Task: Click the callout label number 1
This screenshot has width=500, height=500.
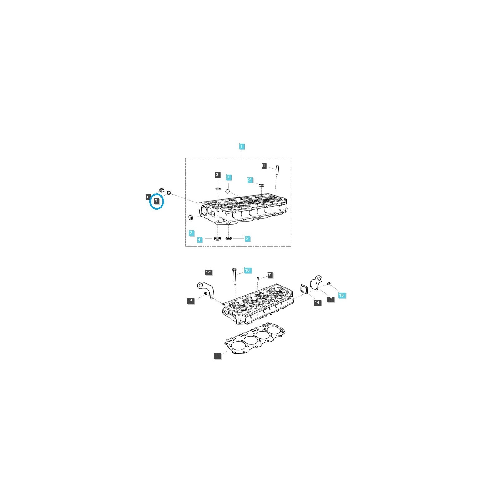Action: tap(241, 146)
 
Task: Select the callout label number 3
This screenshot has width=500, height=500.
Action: tap(217, 175)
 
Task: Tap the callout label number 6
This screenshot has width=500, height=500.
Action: tap(264, 166)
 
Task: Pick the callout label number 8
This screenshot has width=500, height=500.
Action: tap(147, 197)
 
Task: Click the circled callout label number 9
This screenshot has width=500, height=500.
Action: tap(156, 201)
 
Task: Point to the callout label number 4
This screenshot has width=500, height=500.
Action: tap(199, 240)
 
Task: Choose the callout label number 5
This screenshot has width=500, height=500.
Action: tap(247, 238)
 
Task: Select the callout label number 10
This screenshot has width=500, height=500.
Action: tap(247, 270)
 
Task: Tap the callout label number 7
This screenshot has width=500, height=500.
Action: tap(270, 275)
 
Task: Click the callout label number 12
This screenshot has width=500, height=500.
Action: tap(208, 272)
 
